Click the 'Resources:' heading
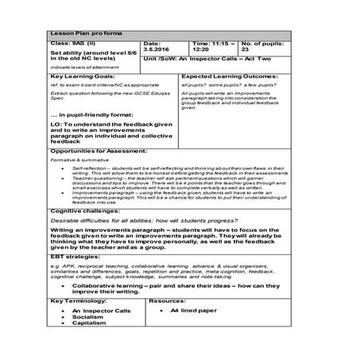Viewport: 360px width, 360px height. pos(167,301)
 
